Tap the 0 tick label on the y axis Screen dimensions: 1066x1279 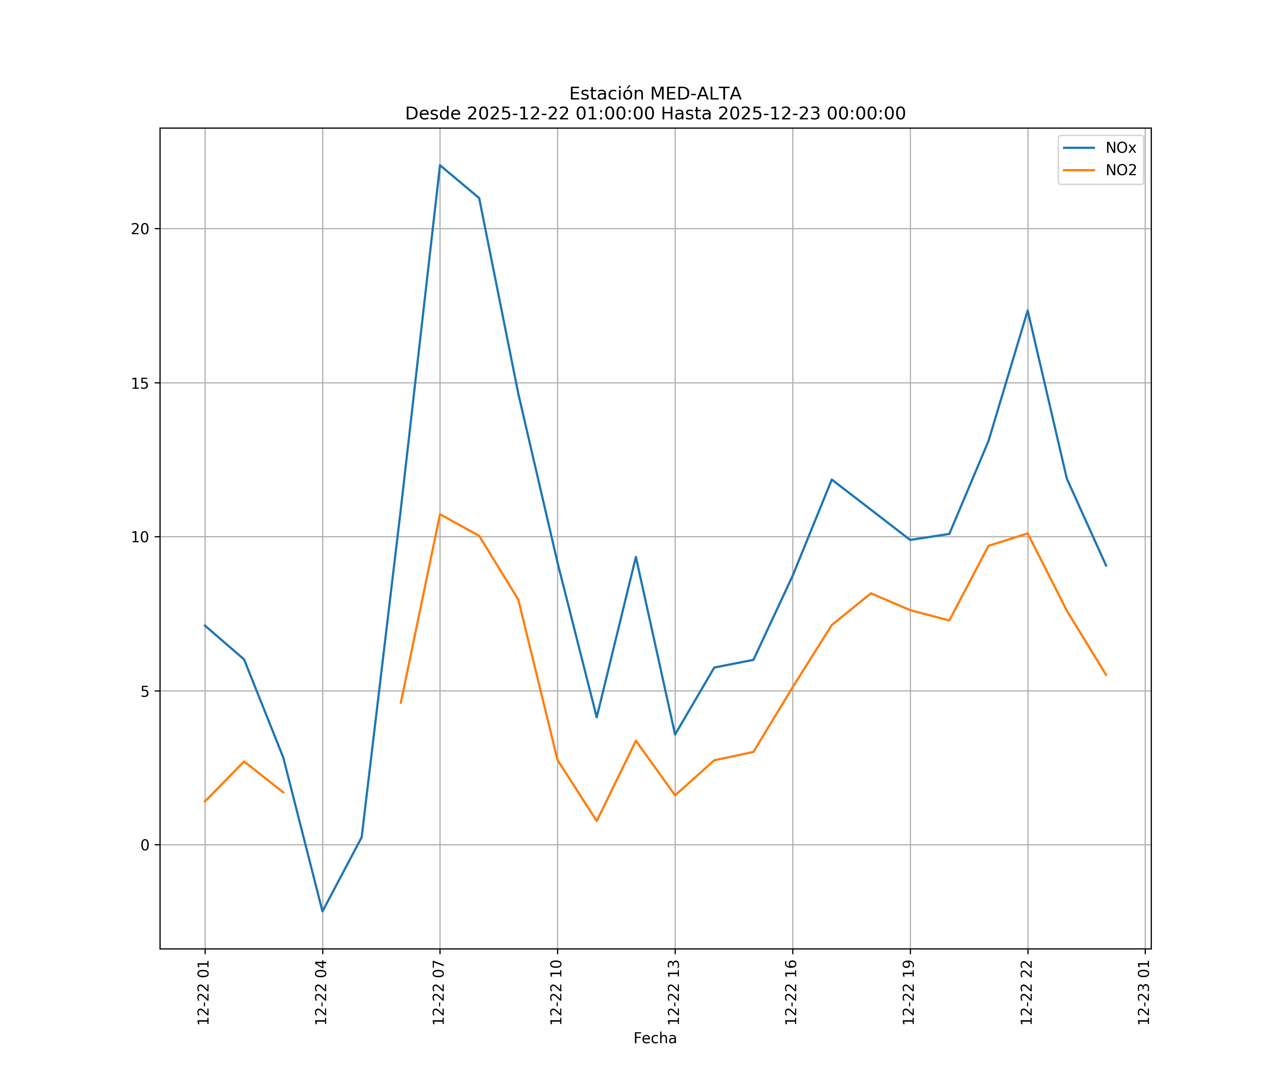pos(145,845)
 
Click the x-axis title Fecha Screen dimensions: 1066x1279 pos(655,1038)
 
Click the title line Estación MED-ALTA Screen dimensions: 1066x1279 pos(655,94)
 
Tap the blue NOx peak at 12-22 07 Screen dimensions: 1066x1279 pos(440,165)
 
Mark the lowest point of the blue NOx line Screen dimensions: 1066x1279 pos(322,911)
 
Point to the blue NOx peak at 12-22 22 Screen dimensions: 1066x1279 pos(1027,311)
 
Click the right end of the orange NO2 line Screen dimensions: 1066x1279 pos(1106,675)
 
